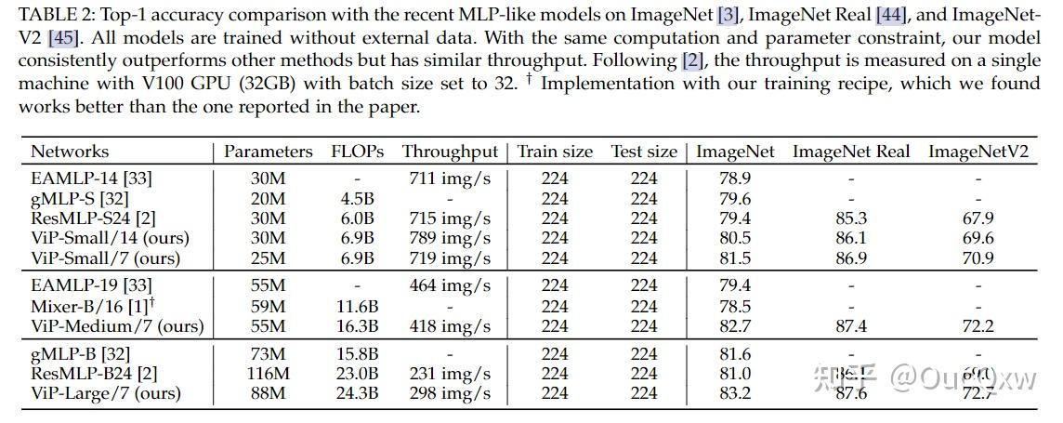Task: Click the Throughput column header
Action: pos(450,152)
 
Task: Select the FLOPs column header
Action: pos(357,152)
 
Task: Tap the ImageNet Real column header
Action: pos(851,152)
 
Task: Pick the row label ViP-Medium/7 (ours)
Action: pos(117,326)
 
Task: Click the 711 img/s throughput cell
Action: pos(450,178)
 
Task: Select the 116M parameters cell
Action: pos(269,374)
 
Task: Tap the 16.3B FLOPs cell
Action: pos(357,326)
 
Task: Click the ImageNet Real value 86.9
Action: pos(851,258)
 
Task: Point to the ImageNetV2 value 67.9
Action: pos(978,218)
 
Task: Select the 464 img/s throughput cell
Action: pos(450,285)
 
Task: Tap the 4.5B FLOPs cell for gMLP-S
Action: pos(357,198)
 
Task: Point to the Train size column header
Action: pos(555,152)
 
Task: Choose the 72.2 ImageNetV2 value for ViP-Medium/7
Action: pos(978,326)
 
